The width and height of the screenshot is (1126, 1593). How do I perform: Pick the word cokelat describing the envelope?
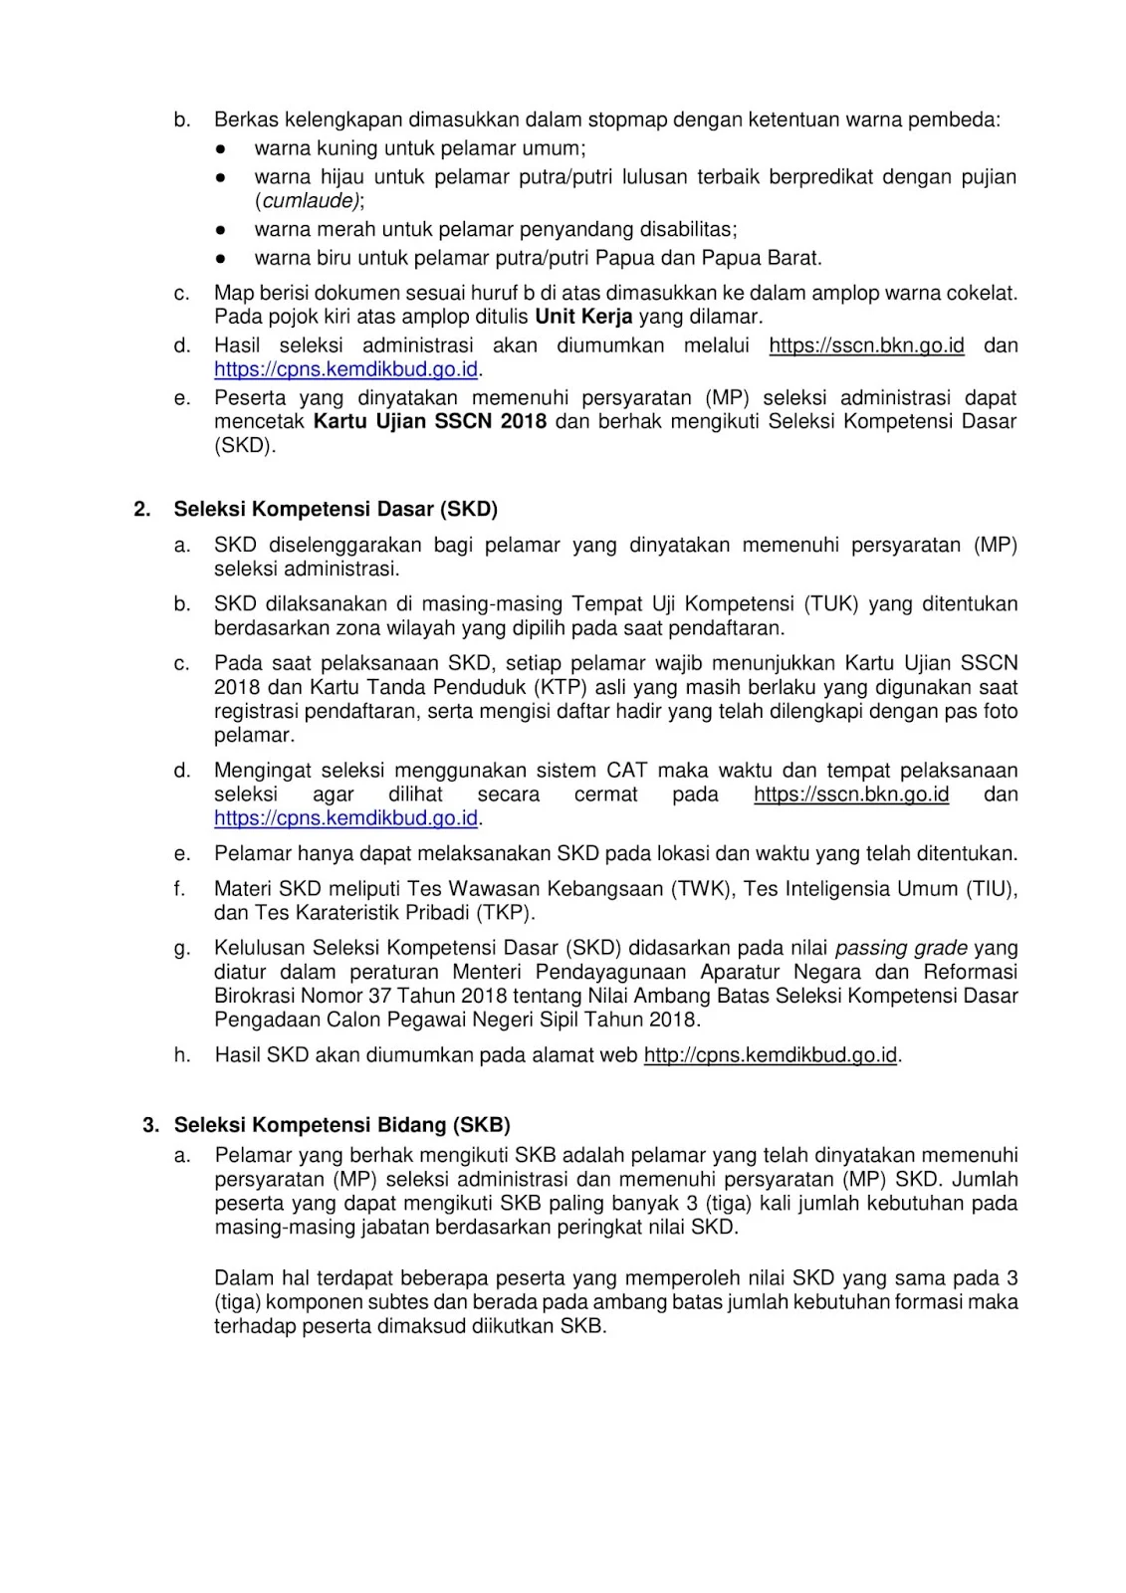982,294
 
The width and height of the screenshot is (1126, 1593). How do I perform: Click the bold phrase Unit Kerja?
583,318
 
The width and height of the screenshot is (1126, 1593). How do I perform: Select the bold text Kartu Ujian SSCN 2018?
430,421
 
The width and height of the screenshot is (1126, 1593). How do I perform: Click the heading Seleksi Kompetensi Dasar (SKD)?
336,510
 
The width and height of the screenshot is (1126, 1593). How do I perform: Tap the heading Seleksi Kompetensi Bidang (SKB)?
341,1125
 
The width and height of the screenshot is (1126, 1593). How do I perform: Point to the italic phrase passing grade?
901,948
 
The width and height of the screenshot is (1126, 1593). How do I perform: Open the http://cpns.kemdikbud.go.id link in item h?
771,1055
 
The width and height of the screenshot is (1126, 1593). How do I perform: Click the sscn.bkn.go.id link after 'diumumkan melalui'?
866,345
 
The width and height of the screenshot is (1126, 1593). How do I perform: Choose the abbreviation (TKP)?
506,913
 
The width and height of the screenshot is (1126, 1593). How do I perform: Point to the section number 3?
150,1125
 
